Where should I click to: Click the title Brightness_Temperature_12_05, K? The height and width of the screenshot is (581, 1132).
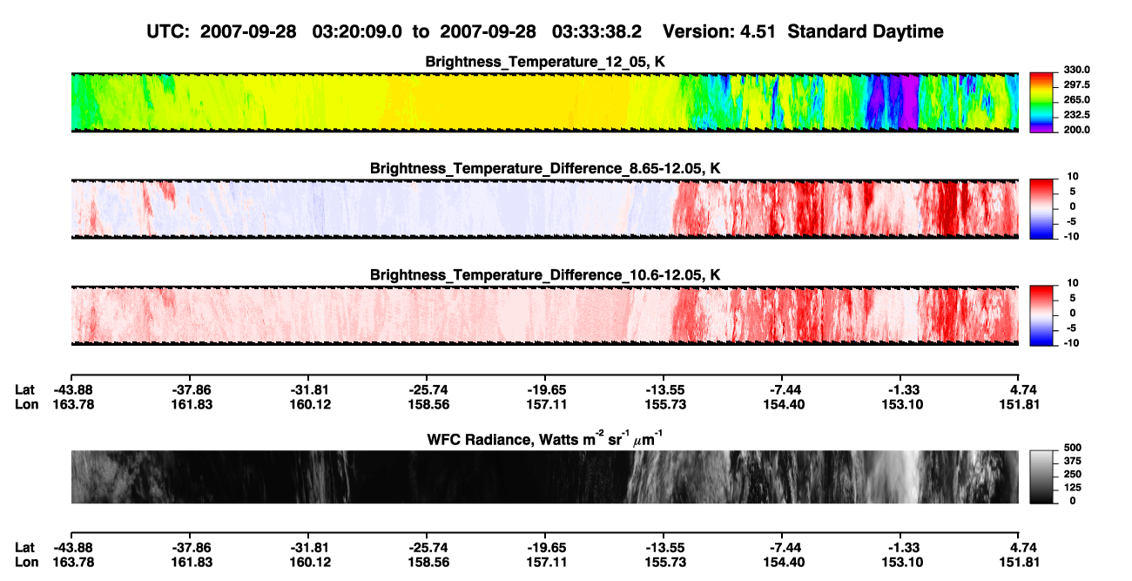click(x=545, y=62)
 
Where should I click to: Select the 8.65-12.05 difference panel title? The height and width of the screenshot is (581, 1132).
click(x=545, y=168)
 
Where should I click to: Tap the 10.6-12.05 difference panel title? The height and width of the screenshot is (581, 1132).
click(x=545, y=275)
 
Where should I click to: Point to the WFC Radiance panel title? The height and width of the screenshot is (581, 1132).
click(x=545, y=438)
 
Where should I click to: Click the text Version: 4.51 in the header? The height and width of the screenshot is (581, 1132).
click(x=718, y=31)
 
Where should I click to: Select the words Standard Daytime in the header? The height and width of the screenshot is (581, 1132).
click(x=866, y=31)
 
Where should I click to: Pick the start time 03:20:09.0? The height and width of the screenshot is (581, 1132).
click(x=357, y=31)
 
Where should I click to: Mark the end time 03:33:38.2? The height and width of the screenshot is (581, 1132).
click(x=596, y=31)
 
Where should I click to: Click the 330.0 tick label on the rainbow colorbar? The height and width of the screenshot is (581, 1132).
click(x=1076, y=70)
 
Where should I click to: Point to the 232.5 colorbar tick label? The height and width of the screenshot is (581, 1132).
click(x=1076, y=115)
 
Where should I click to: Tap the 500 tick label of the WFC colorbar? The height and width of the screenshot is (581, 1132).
click(x=1073, y=448)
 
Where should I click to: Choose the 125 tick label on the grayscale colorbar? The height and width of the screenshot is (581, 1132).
click(x=1073, y=488)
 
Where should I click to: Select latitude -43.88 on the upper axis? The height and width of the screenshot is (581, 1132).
click(x=73, y=390)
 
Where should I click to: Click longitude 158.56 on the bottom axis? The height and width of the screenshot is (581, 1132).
click(x=428, y=563)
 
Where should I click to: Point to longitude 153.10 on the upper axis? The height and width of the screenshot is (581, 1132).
click(x=902, y=404)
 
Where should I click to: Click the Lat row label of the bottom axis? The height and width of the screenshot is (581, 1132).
click(x=24, y=548)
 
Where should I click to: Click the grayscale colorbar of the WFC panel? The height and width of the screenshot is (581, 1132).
click(x=1041, y=476)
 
